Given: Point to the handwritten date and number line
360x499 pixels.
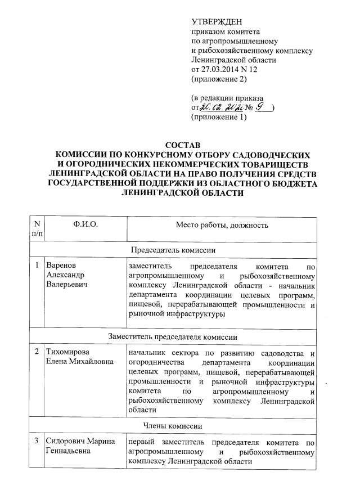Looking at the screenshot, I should pyautogui.click(x=232, y=107).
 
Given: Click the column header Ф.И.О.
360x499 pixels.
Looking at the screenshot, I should pyautogui.click(x=85, y=225).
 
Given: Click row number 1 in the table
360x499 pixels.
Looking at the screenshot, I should pyautogui.click(x=37, y=265).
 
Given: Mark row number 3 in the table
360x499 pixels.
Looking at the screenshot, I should pyautogui.click(x=37, y=441).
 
